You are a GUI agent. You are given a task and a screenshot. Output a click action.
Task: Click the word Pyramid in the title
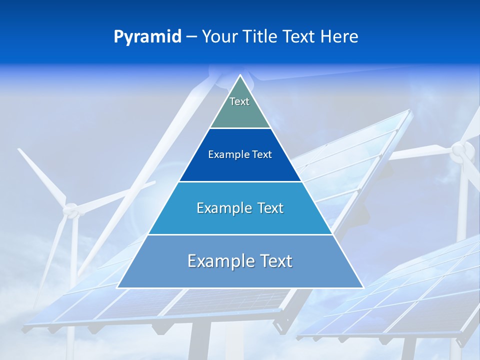pos(147,37)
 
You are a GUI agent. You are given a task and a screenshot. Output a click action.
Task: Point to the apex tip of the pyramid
pos(240,76)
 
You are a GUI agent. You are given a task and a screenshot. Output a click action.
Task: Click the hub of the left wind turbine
pos(73,210)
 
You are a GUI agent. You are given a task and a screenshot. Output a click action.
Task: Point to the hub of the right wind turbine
pos(461,150)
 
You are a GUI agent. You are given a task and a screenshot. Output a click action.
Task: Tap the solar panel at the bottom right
pos(400,300)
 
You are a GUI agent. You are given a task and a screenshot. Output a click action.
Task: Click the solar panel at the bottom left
pos(100,305)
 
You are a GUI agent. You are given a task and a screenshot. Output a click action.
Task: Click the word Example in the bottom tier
pos(218,261)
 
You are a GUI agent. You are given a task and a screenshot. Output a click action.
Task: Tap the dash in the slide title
pos(191,37)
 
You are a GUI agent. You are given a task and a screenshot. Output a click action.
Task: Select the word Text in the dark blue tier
pos(262,154)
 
